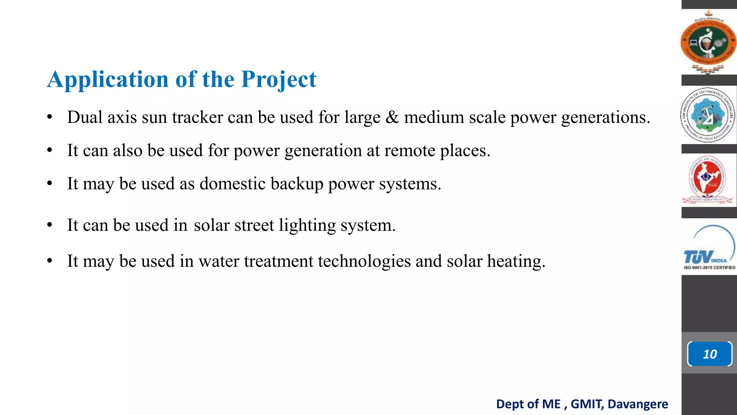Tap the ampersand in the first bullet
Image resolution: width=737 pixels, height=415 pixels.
[392, 117]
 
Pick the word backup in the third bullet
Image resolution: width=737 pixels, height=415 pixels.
[297, 184]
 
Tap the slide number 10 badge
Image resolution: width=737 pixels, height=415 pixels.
[710, 354]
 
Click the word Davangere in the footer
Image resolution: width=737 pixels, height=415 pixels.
[638, 404]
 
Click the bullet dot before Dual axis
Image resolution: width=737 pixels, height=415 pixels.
[50, 117]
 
